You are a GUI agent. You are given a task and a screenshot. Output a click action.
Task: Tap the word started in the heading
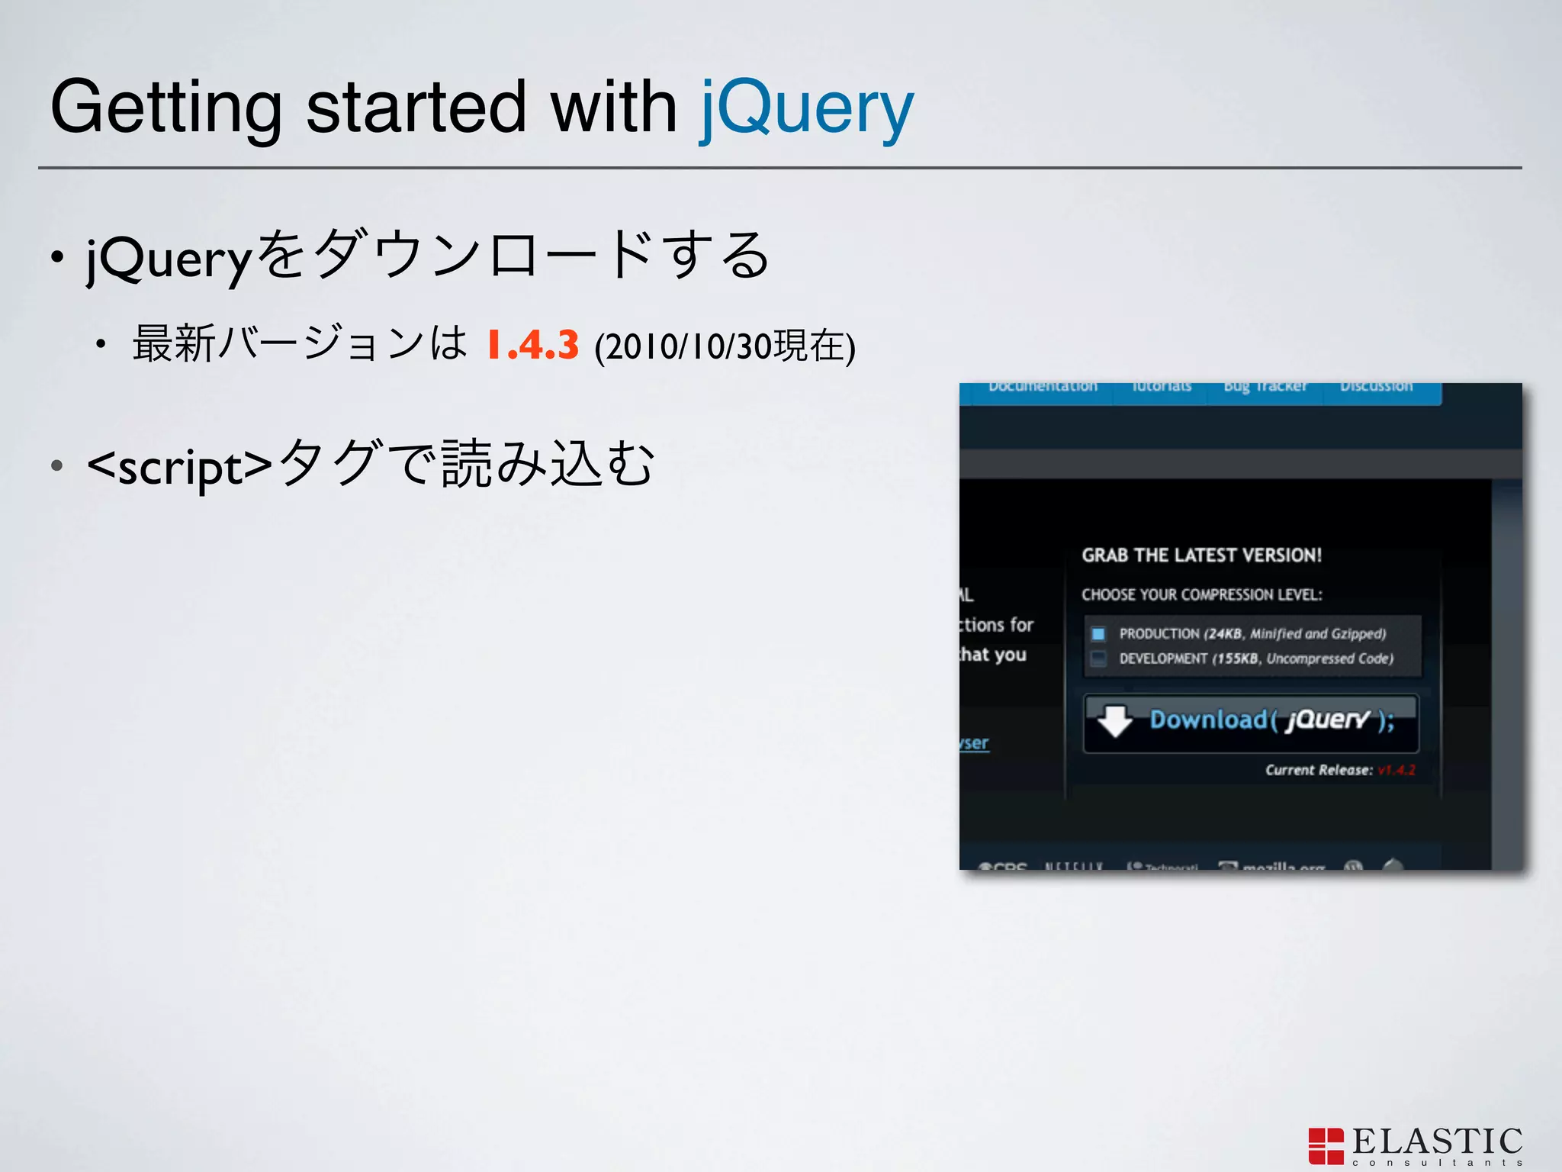point(416,107)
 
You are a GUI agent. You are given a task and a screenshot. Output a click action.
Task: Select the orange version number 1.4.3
point(532,345)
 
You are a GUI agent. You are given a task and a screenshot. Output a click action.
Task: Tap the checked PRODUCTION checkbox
point(1098,633)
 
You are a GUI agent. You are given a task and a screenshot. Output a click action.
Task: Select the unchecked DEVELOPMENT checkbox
point(1098,658)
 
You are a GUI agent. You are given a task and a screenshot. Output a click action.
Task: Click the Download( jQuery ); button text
point(1272,720)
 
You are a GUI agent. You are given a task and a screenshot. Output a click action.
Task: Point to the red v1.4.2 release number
point(1396,770)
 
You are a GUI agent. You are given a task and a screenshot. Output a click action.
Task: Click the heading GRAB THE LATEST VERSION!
point(1201,555)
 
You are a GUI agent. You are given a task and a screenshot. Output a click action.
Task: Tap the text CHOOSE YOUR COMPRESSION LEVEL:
point(1201,594)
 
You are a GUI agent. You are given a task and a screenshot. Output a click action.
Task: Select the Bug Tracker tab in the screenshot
point(1265,387)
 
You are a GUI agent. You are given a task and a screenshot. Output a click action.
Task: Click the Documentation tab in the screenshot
point(1043,387)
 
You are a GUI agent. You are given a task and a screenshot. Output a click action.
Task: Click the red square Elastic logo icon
point(1326,1146)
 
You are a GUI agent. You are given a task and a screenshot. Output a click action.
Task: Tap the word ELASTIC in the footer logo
point(1437,1141)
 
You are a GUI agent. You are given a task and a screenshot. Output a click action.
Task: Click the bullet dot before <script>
point(56,465)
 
